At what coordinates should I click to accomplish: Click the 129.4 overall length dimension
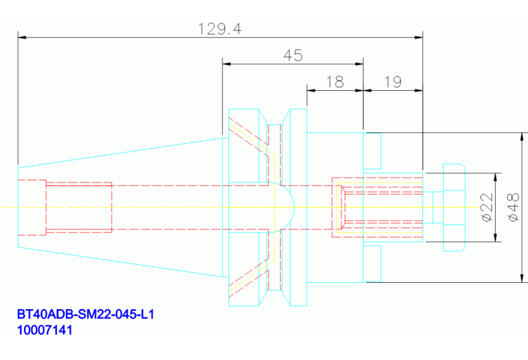[220, 28]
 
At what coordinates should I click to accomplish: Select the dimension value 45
[293, 56]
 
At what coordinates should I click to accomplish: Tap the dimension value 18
[335, 82]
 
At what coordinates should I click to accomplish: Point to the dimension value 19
[392, 82]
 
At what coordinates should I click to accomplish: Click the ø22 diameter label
[486, 207]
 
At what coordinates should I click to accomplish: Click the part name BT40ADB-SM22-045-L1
[85, 315]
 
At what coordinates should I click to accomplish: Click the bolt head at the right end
[454, 207]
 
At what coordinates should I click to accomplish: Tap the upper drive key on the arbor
[372, 150]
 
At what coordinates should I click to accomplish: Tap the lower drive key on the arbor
[372, 264]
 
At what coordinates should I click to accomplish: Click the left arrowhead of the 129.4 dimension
[21, 36]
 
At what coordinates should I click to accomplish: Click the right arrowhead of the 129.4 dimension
[419, 36]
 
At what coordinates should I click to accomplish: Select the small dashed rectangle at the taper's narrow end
[32, 207]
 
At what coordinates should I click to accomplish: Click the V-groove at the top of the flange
[275, 117]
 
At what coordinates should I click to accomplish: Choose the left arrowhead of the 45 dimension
[226, 64]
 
